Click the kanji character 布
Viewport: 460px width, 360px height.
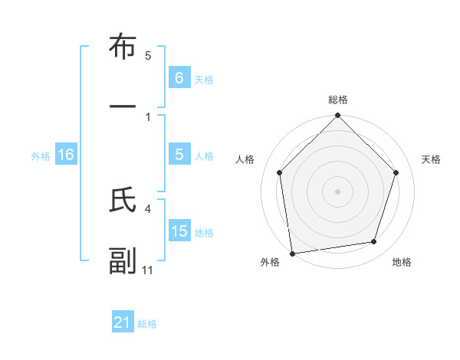click(x=123, y=47)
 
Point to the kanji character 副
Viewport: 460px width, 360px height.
click(x=123, y=261)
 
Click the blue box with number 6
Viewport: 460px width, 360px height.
click(x=179, y=77)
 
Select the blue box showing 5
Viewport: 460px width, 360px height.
click(x=179, y=155)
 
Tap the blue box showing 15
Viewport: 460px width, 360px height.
click(x=179, y=231)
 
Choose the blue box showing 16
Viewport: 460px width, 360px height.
click(x=66, y=155)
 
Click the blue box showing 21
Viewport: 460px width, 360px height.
click(x=123, y=322)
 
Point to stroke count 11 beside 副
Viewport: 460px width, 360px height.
click(x=148, y=270)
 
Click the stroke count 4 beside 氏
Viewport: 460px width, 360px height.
click(x=148, y=208)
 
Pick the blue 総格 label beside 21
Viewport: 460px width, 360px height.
click(x=147, y=324)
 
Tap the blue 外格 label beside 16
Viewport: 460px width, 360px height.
click(x=41, y=155)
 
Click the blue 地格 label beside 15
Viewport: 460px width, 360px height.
click(x=204, y=232)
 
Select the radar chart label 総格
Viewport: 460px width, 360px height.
click(x=338, y=100)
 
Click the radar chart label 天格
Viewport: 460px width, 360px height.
click(x=432, y=159)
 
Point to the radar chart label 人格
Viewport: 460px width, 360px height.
click(x=245, y=159)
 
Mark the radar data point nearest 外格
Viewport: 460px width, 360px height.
click(x=292, y=253)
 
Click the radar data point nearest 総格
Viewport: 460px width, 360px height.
click(x=338, y=116)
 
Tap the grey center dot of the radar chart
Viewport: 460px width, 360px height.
click(x=338, y=191)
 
